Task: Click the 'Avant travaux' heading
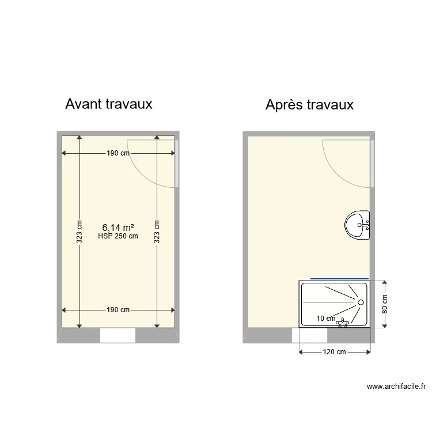pyautogui.click(x=109, y=104)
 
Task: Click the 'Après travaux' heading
pyautogui.click(x=309, y=105)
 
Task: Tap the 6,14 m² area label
pyautogui.click(x=118, y=228)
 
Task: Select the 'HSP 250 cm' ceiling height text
pyautogui.click(x=118, y=236)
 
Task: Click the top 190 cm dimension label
pyautogui.click(x=118, y=153)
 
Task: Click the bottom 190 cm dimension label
pyautogui.click(x=118, y=310)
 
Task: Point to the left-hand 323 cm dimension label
pyautogui.click(x=80, y=232)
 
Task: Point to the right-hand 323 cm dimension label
pyautogui.click(x=157, y=232)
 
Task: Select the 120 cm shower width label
pyautogui.click(x=334, y=352)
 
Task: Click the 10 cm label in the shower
pyautogui.click(x=326, y=319)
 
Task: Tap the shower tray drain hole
pyautogui.click(x=361, y=302)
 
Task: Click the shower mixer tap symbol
pyautogui.click(x=343, y=323)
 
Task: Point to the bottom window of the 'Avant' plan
pyautogui.click(x=118, y=336)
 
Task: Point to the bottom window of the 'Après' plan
pyautogui.click(x=309, y=336)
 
